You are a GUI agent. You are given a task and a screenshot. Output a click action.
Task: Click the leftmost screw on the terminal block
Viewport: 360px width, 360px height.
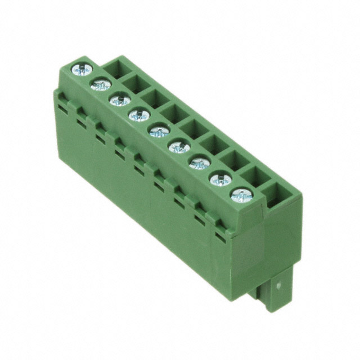pyautogui.click(x=82, y=69)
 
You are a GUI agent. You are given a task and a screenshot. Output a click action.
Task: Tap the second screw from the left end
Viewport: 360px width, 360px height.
pyautogui.click(x=101, y=85)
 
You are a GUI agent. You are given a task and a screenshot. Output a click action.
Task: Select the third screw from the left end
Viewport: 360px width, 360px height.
pyautogui.click(x=120, y=101)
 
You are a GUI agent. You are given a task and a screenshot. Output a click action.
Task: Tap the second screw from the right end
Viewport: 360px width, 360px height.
pyautogui.click(x=220, y=179)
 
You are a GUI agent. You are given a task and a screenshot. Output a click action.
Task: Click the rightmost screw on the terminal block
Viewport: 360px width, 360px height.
pyautogui.click(x=241, y=195)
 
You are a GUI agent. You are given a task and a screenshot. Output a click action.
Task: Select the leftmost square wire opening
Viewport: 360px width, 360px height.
pyautogui.click(x=117, y=69)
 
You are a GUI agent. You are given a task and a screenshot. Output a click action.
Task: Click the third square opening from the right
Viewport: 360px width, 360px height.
pyautogui.click(x=234, y=161)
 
